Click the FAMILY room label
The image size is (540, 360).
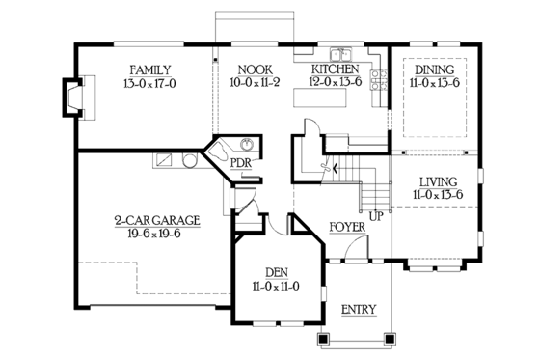[x=150, y=69]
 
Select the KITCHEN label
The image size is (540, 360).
[x=335, y=69]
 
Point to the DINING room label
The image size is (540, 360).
[x=434, y=69]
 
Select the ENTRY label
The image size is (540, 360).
[x=359, y=309]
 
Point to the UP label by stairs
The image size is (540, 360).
[x=376, y=214]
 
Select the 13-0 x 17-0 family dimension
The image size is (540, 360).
[x=150, y=83]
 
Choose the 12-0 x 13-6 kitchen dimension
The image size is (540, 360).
[x=335, y=83]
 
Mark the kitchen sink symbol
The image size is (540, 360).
[x=340, y=54]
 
